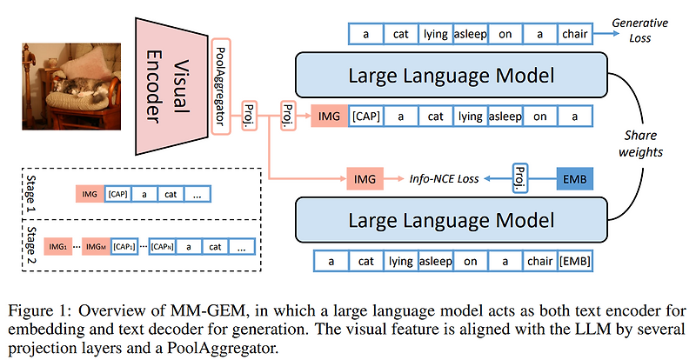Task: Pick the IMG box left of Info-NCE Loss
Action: pos(364,179)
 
